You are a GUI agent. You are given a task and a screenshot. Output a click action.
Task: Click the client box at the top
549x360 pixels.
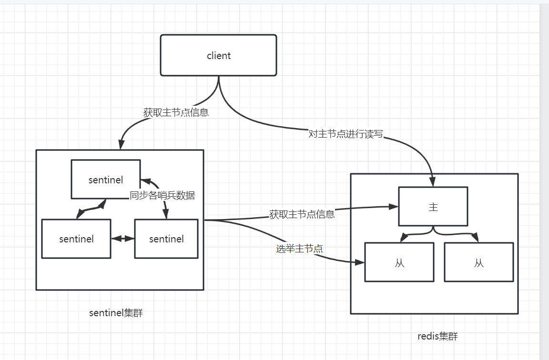(x=218, y=55)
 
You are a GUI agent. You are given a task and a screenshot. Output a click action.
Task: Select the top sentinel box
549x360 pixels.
(x=106, y=179)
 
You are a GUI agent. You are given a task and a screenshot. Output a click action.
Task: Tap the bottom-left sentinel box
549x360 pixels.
(x=76, y=239)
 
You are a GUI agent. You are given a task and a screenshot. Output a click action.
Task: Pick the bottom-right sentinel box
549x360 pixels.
(x=166, y=239)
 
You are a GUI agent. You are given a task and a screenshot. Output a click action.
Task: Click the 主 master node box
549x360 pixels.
(x=433, y=206)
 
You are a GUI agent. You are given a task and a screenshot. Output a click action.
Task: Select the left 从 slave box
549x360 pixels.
(x=399, y=262)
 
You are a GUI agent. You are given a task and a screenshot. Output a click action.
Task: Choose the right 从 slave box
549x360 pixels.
(x=479, y=262)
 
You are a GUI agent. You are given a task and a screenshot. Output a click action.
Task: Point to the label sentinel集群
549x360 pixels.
(x=116, y=313)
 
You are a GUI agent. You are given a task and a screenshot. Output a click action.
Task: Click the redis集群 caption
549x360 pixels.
(x=437, y=336)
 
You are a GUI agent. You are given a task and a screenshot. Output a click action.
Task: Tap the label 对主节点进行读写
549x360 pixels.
(x=346, y=134)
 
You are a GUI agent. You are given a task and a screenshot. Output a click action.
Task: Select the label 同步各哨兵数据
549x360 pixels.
(x=163, y=195)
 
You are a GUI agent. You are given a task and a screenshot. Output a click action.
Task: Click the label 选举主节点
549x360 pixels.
(x=299, y=248)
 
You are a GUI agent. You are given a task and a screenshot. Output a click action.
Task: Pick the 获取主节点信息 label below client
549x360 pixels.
(x=176, y=113)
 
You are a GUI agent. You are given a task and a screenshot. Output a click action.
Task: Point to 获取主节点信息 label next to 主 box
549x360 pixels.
(x=302, y=214)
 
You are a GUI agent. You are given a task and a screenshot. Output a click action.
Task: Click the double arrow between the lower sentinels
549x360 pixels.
(x=122, y=239)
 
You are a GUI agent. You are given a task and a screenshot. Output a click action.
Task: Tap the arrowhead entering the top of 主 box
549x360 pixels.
(x=433, y=182)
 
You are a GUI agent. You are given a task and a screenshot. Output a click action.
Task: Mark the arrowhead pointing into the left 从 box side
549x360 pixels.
(x=360, y=262)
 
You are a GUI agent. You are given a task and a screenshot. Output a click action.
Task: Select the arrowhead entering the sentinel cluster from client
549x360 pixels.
(x=121, y=144)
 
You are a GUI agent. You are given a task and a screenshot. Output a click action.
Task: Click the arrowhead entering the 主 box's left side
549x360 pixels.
(x=394, y=207)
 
